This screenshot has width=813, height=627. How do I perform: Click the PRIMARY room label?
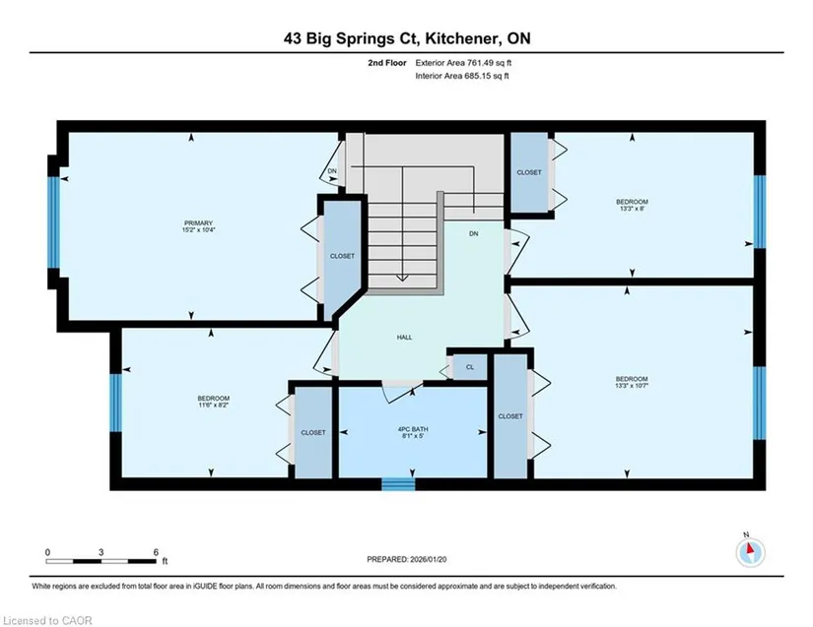click(x=199, y=223)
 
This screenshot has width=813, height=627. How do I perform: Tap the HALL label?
click(x=404, y=337)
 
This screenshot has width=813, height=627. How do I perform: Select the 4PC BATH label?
click(x=413, y=429)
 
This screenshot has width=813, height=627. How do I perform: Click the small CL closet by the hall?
click(x=470, y=367)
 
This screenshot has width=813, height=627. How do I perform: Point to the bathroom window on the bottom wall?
click(x=398, y=483)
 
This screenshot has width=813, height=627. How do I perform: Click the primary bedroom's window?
click(x=53, y=222)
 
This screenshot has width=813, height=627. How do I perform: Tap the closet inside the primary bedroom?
click(x=342, y=256)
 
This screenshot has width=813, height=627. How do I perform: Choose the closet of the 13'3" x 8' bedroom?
click(x=529, y=172)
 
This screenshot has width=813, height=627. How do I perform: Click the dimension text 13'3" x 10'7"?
click(x=632, y=386)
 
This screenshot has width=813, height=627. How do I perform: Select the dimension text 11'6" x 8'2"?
click(x=214, y=406)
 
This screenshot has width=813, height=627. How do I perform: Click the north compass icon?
click(x=750, y=552)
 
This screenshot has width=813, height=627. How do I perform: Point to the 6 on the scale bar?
click(x=156, y=552)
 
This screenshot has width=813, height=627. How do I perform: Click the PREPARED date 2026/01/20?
click(x=429, y=559)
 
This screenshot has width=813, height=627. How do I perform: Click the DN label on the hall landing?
click(x=473, y=233)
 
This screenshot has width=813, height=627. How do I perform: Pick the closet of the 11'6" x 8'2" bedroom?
click(x=313, y=432)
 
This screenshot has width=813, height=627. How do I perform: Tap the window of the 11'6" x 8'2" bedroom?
click(x=115, y=403)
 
